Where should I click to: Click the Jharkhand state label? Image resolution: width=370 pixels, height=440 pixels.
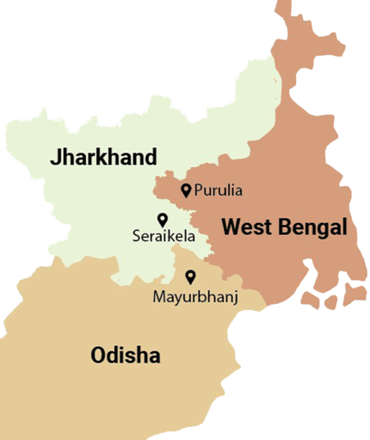click(x=103, y=158)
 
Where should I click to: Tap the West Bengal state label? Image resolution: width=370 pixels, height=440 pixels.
click(x=284, y=228)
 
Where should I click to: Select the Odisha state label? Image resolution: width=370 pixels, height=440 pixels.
click(x=126, y=355)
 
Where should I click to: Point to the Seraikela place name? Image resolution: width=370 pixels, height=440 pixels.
click(x=164, y=235)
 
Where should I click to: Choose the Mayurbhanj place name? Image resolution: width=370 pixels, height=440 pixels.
click(x=194, y=297)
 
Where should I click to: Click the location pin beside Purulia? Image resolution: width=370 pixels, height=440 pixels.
click(x=186, y=189)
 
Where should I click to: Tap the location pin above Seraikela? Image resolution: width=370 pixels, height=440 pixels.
click(x=161, y=220)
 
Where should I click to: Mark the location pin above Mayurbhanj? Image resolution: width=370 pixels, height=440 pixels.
click(x=191, y=277)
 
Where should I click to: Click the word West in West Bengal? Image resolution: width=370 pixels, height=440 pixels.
click(x=243, y=228)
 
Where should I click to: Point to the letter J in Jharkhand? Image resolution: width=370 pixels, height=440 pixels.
click(x=56, y=158)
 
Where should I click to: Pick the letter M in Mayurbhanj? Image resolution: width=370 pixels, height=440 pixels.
click(x=157, y=297)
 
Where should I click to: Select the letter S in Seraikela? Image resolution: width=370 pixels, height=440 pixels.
click(x=137, y=235)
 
